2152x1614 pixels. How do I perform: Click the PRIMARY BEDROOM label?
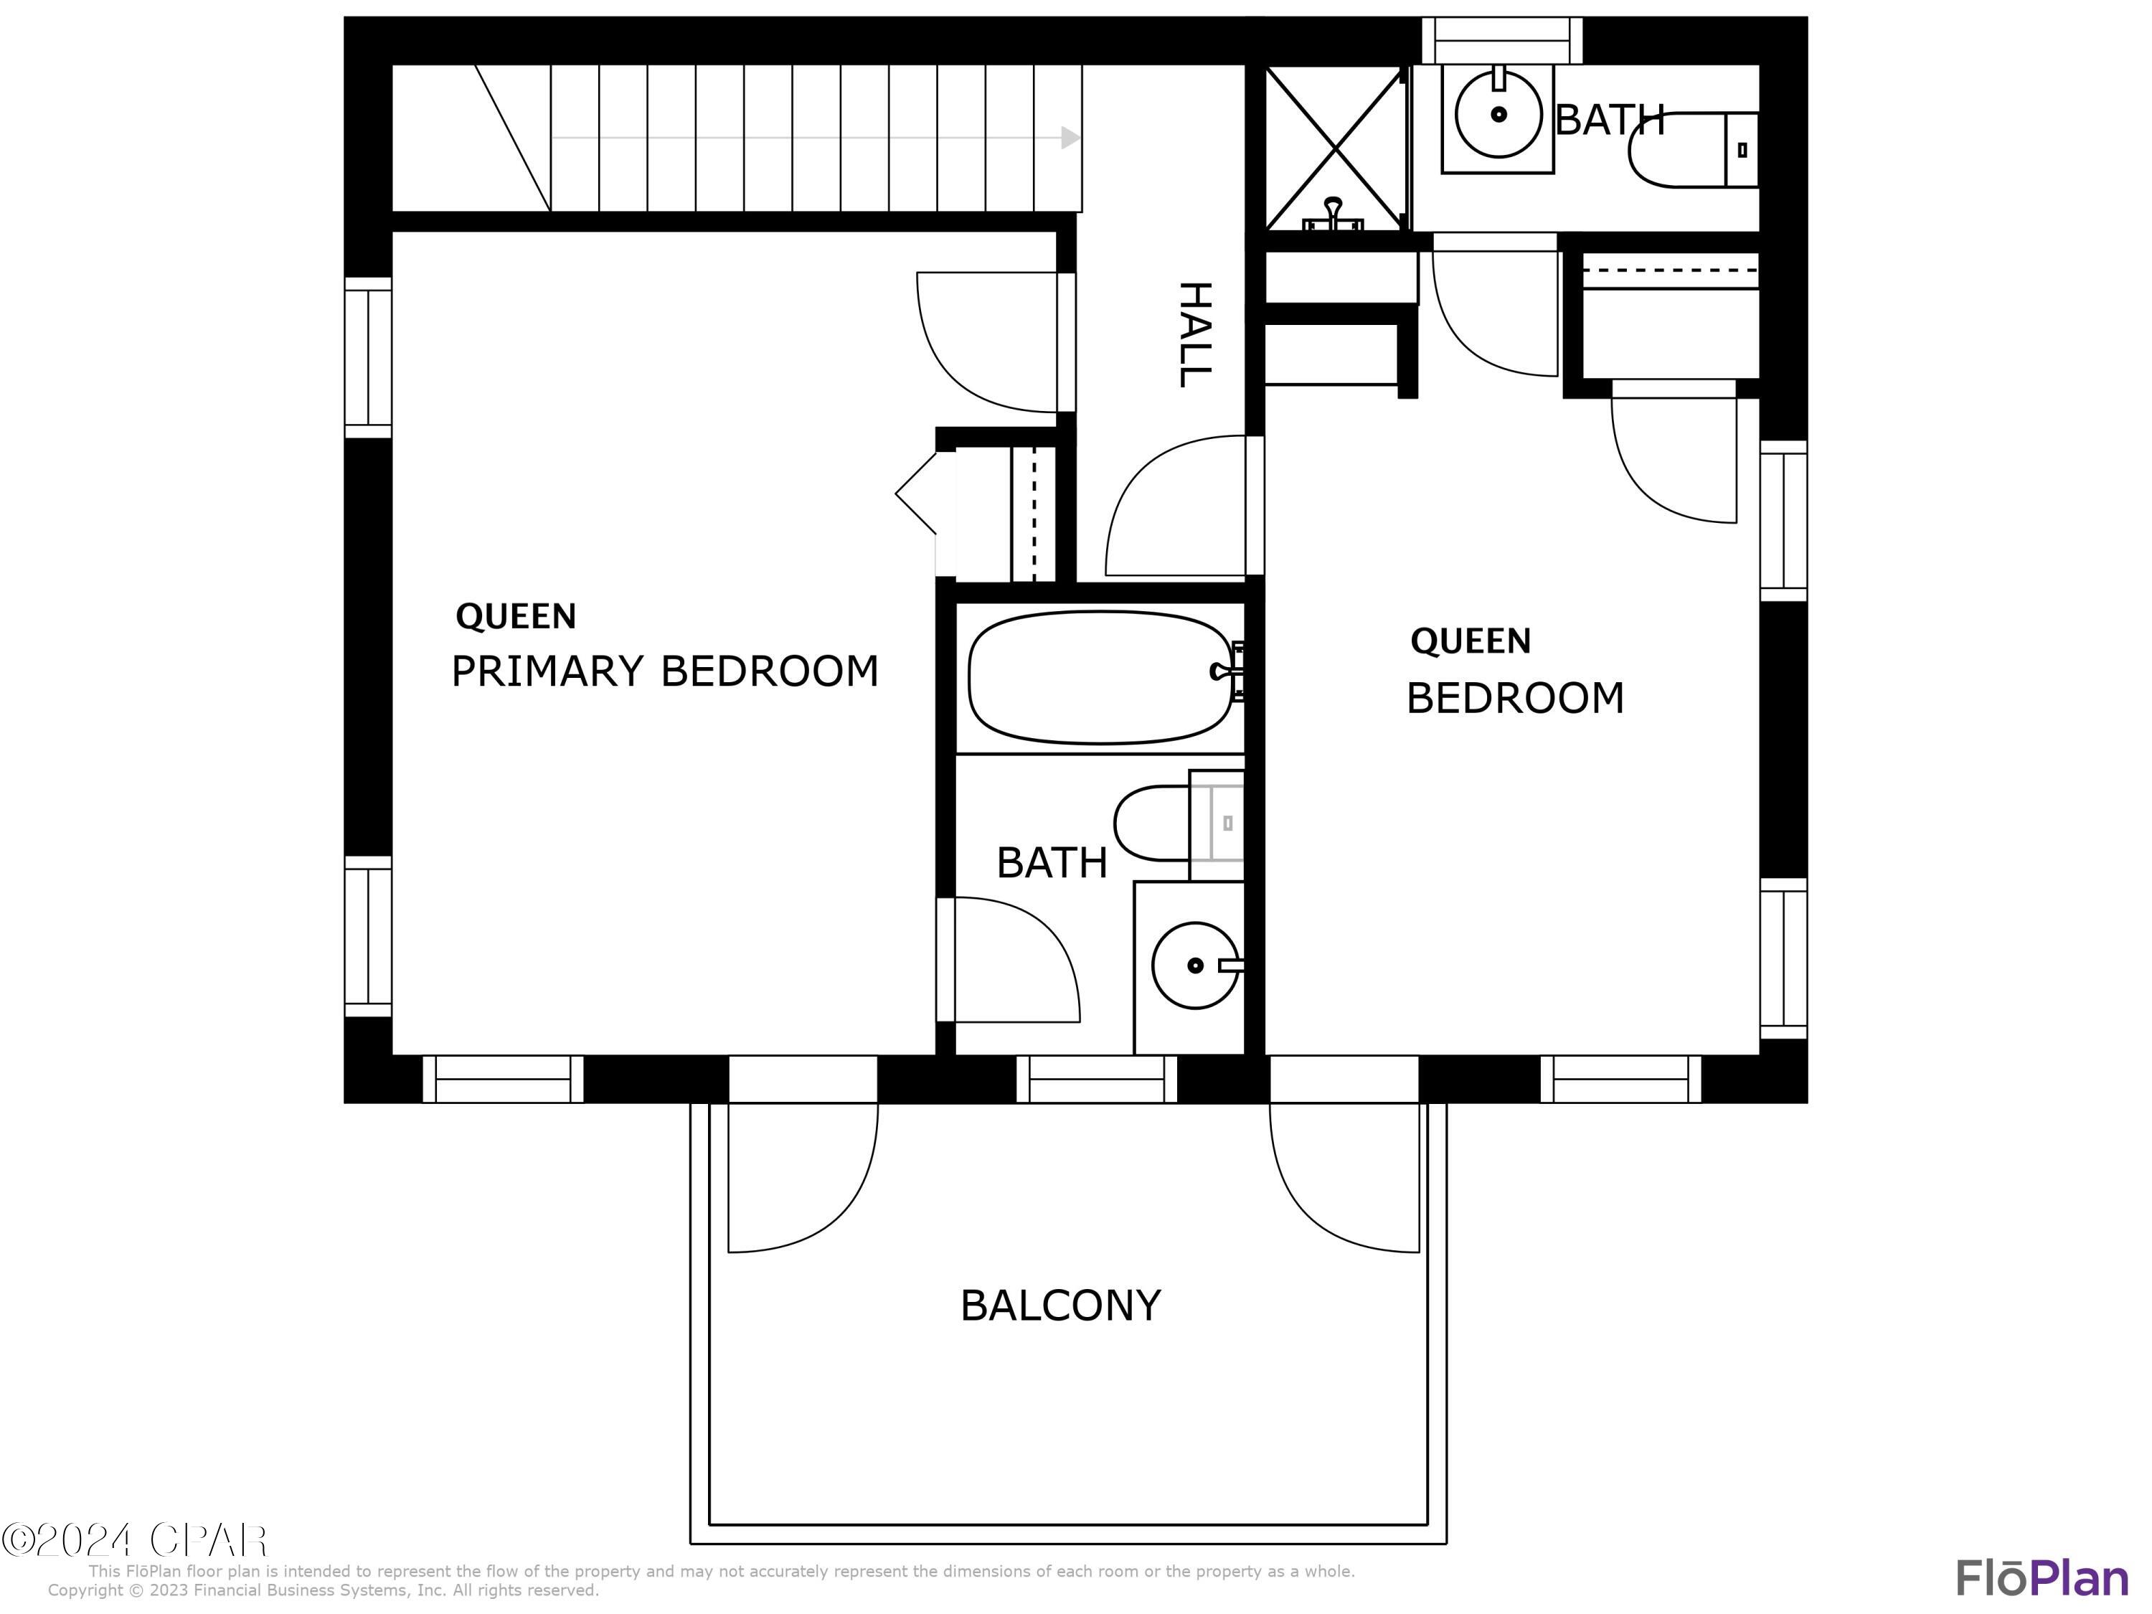[664, 671]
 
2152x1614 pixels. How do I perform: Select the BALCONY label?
[1060, 1306]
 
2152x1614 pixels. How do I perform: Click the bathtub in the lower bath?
[1100, 677]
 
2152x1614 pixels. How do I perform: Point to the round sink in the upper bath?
[1499, 115]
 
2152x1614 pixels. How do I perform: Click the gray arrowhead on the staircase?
[1070, 138]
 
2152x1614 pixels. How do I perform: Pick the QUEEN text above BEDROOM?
[1470, 641]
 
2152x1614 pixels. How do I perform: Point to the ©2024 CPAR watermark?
[134, 1540]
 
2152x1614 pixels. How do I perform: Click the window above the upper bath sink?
[1502, 41]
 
